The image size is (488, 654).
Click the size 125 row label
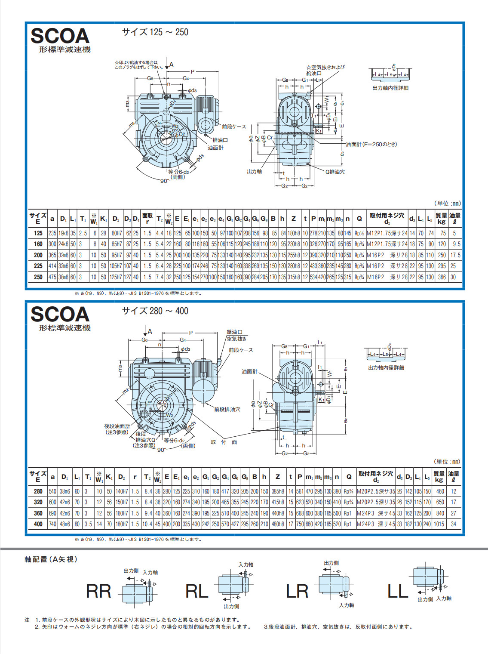click(x=38, y=233)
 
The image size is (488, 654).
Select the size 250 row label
click(x=38, y=277)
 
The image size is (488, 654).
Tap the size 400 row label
click(x=38, y=524)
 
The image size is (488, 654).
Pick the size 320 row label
click(x=38, y=502)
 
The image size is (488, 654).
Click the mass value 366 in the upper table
click(x=442, y=277)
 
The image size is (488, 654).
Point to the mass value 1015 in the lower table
click(x=439, y=524)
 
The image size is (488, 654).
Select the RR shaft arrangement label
click(x=98, y=591)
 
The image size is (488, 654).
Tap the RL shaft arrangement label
click(x=196, y=591)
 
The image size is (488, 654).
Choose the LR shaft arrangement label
click(x=297, y=591)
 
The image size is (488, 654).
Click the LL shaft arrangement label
click(x=398, y=591)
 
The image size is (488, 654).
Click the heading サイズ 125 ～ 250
click(x=155, y=32)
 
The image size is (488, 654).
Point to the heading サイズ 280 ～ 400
click(x=155, y=311)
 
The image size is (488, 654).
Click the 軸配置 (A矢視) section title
click(x=51, y=559)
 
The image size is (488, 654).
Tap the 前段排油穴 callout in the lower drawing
click(x=227, y=409)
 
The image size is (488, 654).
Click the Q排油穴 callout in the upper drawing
click(x=335, y=172)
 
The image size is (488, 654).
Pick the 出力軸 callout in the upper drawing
click(x=255, y=171)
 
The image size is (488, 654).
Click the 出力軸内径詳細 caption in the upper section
click(x=390, y=88)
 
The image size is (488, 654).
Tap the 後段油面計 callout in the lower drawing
click(x=117, y=426)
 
